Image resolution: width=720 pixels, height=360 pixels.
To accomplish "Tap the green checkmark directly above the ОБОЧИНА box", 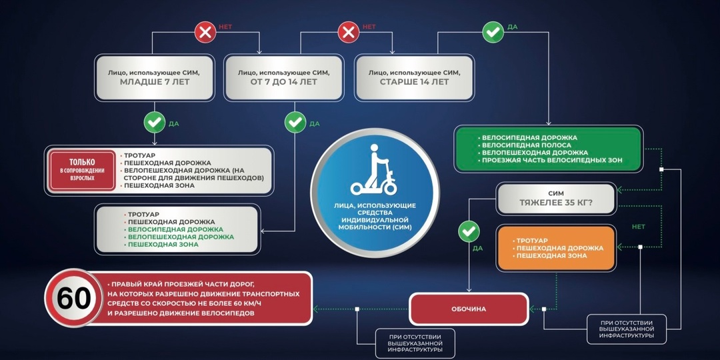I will pos(469,231).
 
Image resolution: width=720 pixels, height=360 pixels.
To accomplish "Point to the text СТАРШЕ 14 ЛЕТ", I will pos(414,82).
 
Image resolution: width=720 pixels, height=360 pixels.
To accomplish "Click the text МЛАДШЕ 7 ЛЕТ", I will pos(155,82).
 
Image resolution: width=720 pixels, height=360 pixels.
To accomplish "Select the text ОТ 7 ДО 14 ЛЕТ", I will pos(285,82).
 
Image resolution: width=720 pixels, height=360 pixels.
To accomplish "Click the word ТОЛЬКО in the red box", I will pos(82,162).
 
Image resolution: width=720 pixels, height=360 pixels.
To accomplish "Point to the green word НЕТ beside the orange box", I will pos(638,227).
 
